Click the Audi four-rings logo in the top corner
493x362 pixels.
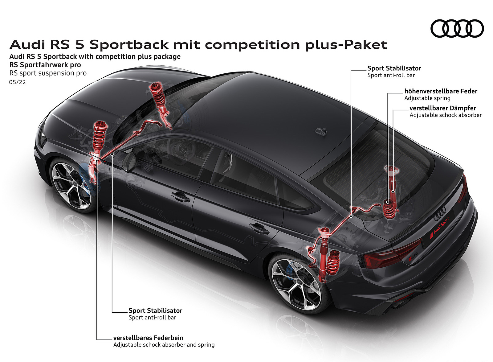coord(457,29)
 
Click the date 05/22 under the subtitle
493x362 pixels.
coord(18,82)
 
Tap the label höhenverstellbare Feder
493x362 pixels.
coord(441,91)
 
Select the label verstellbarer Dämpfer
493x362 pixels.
coord(442,108)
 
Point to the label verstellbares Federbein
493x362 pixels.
coord(148,338)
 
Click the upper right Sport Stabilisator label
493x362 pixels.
coord(394,68)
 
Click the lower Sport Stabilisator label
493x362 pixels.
coord(155,311)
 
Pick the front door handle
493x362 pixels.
coord(181,196)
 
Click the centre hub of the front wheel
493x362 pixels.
coord(72,185)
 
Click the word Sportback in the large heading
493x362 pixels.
coord(129,45)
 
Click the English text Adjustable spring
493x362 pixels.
coord(427,98)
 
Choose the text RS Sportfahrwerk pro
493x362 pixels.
coord(45,65)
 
